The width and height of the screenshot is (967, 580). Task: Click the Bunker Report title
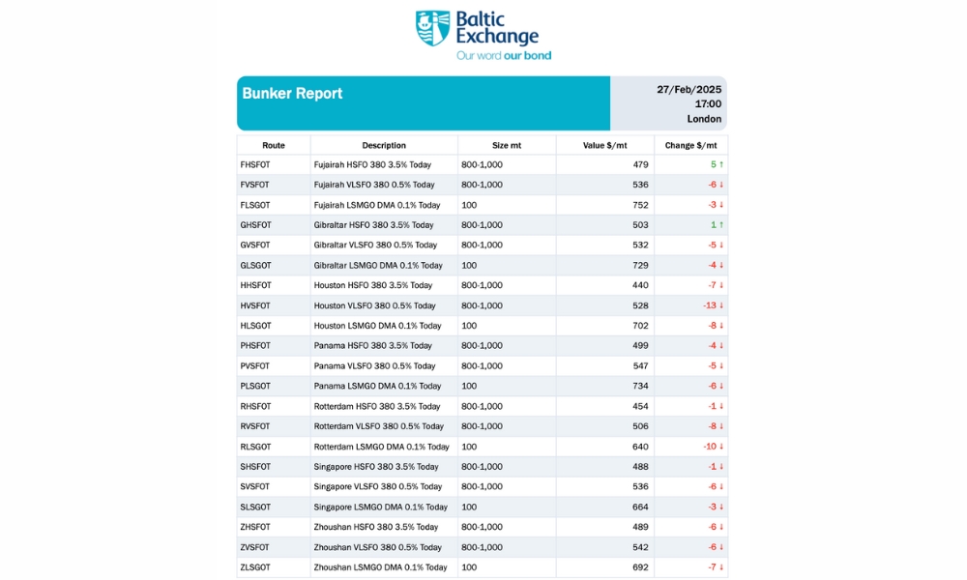tap(292, 94)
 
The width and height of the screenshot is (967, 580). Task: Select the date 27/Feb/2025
tap(689, 89)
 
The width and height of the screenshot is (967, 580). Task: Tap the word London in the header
tap(704, 119)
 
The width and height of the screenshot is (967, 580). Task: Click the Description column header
tap(384, 145)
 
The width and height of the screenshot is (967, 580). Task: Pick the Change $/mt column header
tap(689, 145)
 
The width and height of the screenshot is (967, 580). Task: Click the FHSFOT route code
tap(255, 165)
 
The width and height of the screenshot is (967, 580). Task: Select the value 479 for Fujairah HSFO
tap(640, 165)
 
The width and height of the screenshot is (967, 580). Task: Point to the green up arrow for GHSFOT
tap(720, 225)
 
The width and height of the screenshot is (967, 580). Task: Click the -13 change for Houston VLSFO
tap(710, 305)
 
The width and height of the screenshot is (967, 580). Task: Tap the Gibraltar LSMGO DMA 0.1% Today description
tap(377, 266)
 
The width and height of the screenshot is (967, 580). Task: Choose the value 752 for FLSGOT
tap(640, 205)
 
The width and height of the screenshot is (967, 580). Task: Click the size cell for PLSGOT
tap(469, 386)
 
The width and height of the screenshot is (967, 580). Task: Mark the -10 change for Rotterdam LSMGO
tap(710, 447)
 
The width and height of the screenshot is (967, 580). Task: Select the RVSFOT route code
tap(255, 426)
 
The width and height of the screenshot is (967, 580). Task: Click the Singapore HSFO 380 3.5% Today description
tap(375, 467)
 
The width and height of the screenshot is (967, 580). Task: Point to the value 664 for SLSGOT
tap(640, 507)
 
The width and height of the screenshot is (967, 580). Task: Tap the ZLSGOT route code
tap(255, 567)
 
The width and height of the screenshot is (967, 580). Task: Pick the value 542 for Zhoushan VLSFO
tap(640, 547)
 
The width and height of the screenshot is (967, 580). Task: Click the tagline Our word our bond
tap(504, 56)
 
